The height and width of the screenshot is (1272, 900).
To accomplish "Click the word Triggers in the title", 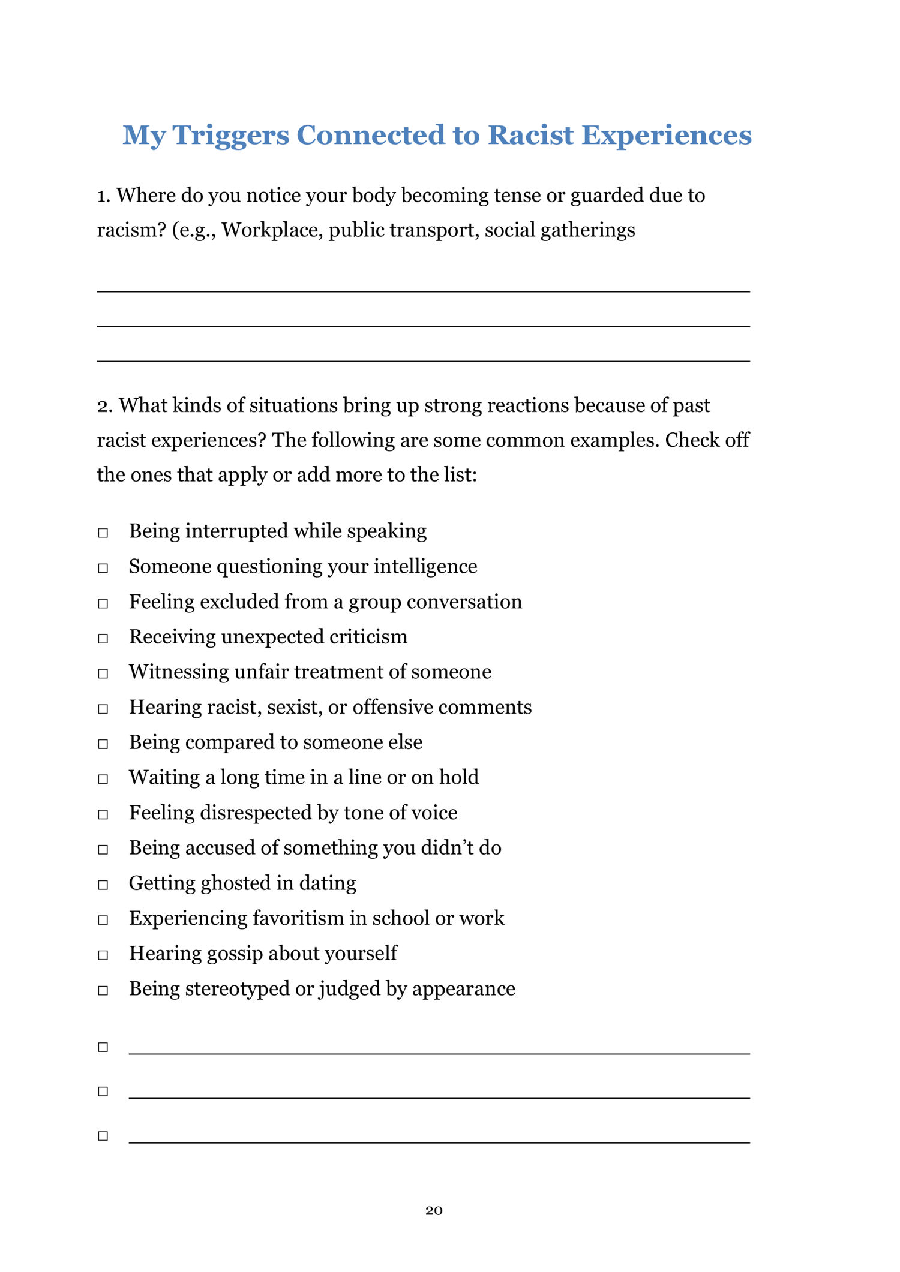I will [230, 136].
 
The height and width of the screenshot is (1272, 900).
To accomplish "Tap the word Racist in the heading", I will [530, 134].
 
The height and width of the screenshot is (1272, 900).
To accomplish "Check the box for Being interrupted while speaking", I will [103, 533].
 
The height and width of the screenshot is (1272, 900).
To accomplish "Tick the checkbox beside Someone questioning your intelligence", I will [103, 568].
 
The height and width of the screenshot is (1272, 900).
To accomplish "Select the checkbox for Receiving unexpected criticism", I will [103, 638].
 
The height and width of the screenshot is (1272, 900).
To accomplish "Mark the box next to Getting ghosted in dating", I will [103, 885].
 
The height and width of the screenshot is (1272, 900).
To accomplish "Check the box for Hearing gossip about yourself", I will [103, 955].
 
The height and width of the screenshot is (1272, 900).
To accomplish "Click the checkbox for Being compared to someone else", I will [103, 744].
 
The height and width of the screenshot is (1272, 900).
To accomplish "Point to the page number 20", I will [434, 1210].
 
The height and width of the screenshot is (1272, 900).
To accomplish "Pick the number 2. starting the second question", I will [104, 406].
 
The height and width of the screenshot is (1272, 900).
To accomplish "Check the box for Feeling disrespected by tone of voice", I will [103, 814].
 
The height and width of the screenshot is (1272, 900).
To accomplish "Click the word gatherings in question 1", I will [587, 230].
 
